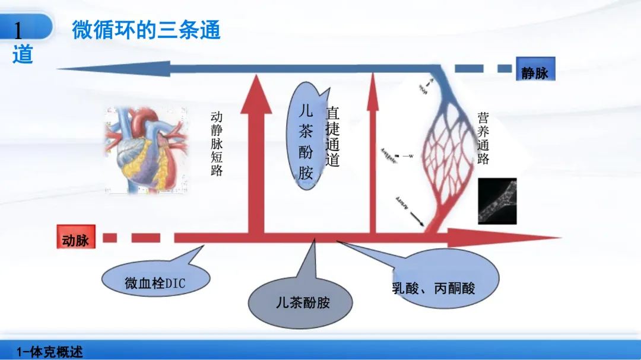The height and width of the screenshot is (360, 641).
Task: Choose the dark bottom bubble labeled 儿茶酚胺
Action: pos(302,302)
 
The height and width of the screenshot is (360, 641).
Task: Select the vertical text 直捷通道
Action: pos(333,136)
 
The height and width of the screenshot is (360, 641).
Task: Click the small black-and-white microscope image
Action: pos(497,200)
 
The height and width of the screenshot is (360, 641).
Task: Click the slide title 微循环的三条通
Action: pos(146,30)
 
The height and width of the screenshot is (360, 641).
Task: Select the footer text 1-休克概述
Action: pos(50,352)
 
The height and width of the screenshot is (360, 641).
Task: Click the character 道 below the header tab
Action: pos(23,54)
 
